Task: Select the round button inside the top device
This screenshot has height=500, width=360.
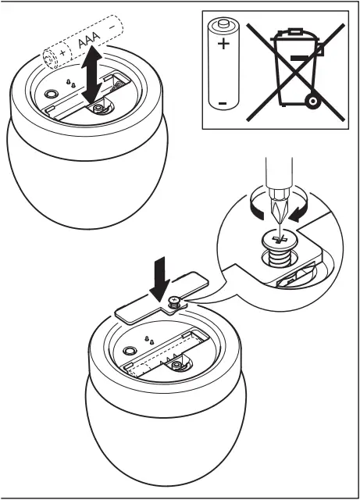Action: [52, 92]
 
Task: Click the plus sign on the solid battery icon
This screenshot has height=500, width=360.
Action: [224, 45]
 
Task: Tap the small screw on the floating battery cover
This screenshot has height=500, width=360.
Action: [175, 301]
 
